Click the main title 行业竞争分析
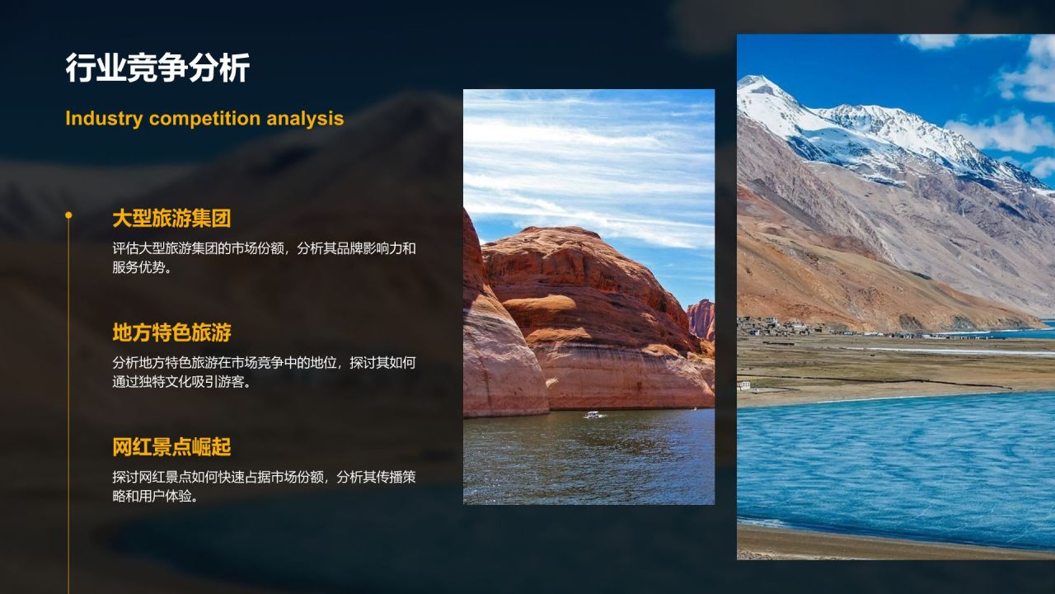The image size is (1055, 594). (x=157, y=68)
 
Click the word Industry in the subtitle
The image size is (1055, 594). (x=104, y=118)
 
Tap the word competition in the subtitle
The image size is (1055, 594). (x=204, y=119)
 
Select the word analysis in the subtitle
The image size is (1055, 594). (x=305, y=119)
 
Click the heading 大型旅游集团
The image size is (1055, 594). (x=171, y=219)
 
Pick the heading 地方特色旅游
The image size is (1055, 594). (x=171, y=332)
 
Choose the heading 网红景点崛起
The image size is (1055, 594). (x=171, y=447)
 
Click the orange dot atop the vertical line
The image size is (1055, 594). (x=68, y=215)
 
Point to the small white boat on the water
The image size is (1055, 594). (x=593, y=415)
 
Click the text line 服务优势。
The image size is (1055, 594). (x=142, y=267)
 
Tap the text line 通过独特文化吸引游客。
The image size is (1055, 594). (x=181, y=381)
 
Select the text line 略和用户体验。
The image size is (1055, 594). (x=155, y=496)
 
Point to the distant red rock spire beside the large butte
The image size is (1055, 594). (x=701, y=318)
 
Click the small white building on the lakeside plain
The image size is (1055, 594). (x=744, y=385)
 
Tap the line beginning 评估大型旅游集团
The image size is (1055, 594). (x=265, y=248)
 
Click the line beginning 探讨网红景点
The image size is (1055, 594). (x=265, y=477)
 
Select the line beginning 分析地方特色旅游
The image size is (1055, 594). (x=265, y=362)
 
